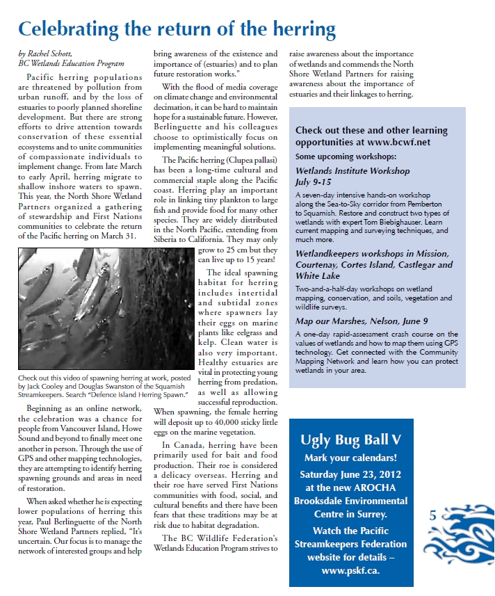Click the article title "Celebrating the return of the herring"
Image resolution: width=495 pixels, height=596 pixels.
click(x=177, y=30)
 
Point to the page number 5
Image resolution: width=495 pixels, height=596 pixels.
click(x=432, y=515)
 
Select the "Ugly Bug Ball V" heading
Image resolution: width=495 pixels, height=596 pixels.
click(x=350, y=440)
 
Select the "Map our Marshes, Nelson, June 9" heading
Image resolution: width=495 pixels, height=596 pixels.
click(x=361, y=321)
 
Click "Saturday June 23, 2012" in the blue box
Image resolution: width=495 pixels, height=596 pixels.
click(x=350, y=474)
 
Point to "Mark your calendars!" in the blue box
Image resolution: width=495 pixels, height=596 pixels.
click(x=350, y=458)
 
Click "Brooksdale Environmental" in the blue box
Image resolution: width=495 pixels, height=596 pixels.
click(x=350, y=501)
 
